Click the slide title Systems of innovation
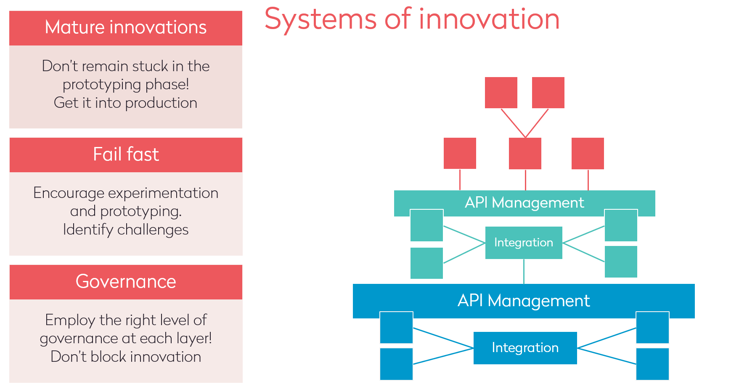pyautogui.click(x=412, y=19)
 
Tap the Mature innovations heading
pyautogui.click(x=126, y=28)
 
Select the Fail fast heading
pyautogui.click(x=126, y=155)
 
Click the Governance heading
pyautogui.click(x=126, y=282)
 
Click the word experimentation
pyautogui.click(x=163, y=193)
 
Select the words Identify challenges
pyautogui.click(x=126, y=230)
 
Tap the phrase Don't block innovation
pyautogui.click(x=126, y=357)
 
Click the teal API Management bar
pyautogui.click(x=524, y=203)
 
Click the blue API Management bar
pyautogui.click(x=524, y=301)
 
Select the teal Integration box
pyautogui.click(x=524, y=243)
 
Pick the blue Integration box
pyautogui.click(x=525, y=348)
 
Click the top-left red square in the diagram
pyautogui.click(x=501, y=93)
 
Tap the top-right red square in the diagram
pyautogui.click(x=548, y=93)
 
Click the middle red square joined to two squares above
pyautogui.click(x=525, y=153)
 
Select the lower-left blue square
pyautogui.click(x=396, y=364)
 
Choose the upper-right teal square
pyautogui.click(x=621, y=225)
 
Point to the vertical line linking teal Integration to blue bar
pyautogui.click(x=524, y=271)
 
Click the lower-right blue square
pyautogui.click(x=652, y=364)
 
